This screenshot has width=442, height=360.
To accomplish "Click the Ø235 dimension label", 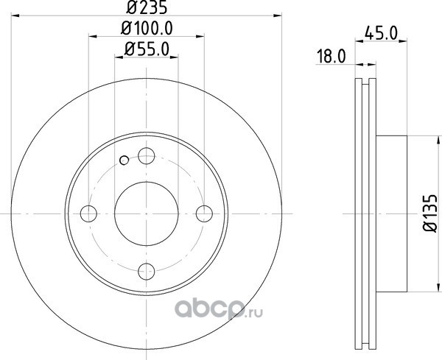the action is click(x=147, y=7).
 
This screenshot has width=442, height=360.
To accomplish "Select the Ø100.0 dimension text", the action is click(x=147, y=28).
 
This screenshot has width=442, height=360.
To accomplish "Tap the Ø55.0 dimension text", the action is click(x=147, y=49).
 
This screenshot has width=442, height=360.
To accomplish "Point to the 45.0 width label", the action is click(x=381, y=32).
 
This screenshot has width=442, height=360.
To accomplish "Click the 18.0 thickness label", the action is click(x=331, y=56).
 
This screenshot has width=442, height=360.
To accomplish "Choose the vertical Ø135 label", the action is click(x=430, y=213).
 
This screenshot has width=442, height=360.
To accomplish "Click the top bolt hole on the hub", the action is click(x=147, y=156).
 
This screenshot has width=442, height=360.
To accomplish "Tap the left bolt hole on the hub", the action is click(x=88, y=213).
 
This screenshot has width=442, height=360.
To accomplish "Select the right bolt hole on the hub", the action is click(x=204, y=213).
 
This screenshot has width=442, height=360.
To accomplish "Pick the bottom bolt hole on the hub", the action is click(x=147, y=271).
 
